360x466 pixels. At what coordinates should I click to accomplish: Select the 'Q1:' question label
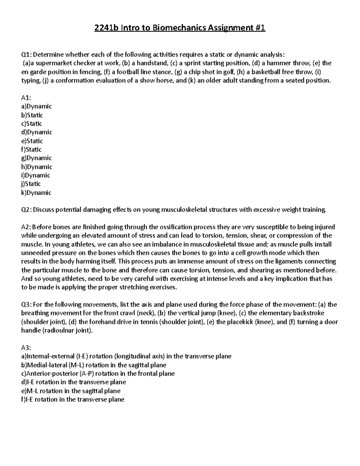tap(26, 55)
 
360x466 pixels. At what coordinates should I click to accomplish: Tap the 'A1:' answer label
tap(26, 98)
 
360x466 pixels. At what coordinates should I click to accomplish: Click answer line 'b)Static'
tap(32, 115)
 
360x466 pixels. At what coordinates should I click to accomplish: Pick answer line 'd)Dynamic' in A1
tap(37, 132)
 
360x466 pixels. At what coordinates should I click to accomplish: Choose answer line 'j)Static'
tap(31, 184)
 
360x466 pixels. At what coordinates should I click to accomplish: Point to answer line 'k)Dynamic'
tap(36, 193)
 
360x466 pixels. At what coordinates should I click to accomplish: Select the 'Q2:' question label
tap(26, 210)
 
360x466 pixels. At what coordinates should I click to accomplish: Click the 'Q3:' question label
tap(26, 305)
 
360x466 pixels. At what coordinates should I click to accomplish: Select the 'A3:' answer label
tap(26, 348)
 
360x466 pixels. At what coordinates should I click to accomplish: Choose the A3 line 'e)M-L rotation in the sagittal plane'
tap(71, 391)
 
